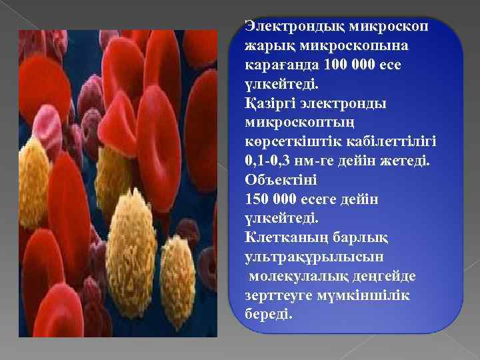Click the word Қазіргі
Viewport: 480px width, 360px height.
coord(269,105)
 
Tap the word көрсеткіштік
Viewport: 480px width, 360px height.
coord(292,143)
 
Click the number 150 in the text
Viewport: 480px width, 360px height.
coord(257,199)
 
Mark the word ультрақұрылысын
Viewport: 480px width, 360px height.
coord(306,257)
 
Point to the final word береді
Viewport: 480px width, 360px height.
coord(269,313)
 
